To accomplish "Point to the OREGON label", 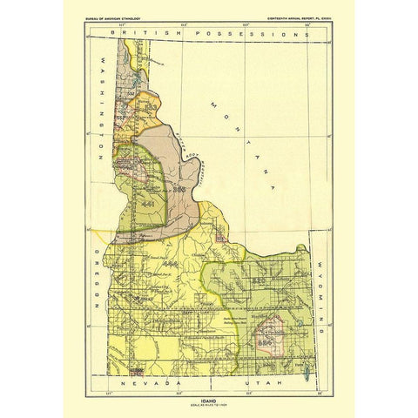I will point(93,280).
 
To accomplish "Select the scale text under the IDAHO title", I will point(208,404).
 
